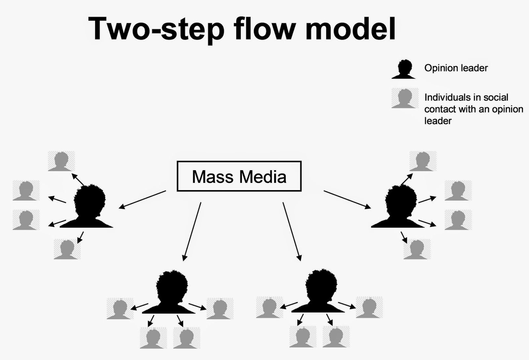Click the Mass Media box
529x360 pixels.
click(x=239, y=176)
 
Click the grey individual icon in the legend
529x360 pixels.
click(x=404, y=98)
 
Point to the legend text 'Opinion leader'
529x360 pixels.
click(x=456, y=68)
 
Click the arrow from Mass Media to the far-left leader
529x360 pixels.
click(x=142, y=200)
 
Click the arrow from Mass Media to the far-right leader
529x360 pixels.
click(x=347, y=200)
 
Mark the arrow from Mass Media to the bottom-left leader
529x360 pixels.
click(x=192, y=231)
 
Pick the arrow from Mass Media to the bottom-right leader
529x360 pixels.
click(x=292, y=231)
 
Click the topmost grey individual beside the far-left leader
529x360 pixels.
click(x=61, y=161)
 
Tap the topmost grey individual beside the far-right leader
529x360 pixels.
click(x=423, y=161)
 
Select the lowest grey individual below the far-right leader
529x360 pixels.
click(x=417, y=249)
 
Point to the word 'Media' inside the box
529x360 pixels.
click(x=263, y=177)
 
